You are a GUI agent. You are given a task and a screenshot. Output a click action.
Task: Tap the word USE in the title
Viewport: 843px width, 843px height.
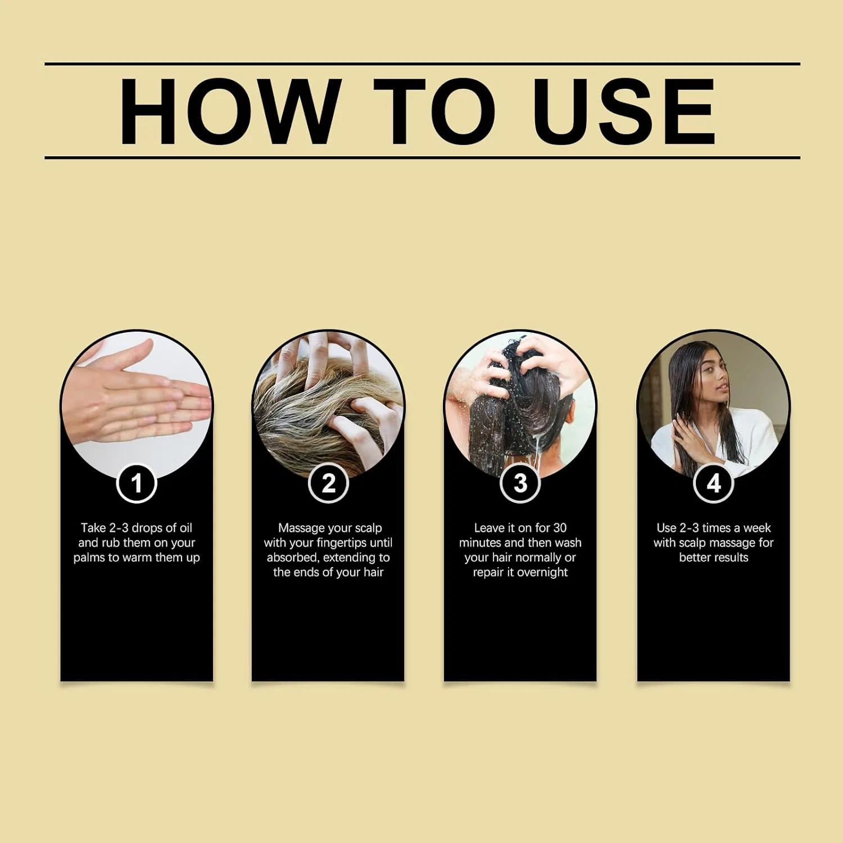pyautogui.click(x=624, y=111)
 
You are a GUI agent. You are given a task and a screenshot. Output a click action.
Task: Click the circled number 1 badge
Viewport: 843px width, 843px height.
pyautogui.click(x=137, y=483)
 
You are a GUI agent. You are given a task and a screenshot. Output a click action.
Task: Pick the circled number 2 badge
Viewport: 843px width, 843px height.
pyautogui.click(x=329, y=483)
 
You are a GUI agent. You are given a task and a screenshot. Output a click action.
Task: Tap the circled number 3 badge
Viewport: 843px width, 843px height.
pyautogui.click(x=520, y=483)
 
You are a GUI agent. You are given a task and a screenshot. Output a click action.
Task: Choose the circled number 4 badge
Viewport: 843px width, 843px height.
pyautogui.click(x=714, y=483)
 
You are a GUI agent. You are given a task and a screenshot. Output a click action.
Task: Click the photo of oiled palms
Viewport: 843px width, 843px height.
pyautogui.click(x=137, y=405)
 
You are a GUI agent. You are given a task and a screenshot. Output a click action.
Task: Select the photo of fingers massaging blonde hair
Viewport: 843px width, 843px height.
pyautogui.click(x=329, y=405)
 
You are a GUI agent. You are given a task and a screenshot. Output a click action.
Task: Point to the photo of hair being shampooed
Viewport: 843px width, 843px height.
pyautogui.click(x=520, y=405)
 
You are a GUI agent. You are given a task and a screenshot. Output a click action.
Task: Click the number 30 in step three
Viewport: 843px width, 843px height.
pyautogui.click(x=559, y=528)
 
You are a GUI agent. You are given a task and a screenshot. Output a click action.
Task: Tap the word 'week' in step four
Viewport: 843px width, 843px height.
pyautogui.click(x=757, y=528)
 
